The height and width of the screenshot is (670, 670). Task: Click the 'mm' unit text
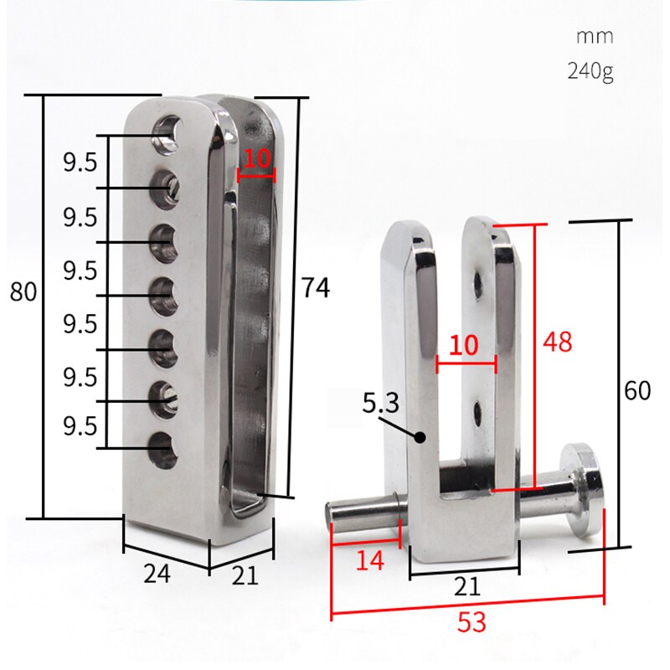pos(595,37)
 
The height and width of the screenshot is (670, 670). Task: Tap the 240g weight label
pos(590,70)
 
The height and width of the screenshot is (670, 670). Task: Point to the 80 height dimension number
pos(23,292)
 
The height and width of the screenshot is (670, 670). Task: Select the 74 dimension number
pos(315,288)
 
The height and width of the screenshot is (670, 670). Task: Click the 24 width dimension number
pos(157,574)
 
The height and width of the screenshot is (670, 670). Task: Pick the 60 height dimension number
pos(637,391)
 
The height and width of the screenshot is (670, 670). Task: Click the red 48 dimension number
pos(558,343)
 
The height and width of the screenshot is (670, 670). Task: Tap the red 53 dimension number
pos(471,622)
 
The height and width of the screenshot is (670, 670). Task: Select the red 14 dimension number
pos(368,560)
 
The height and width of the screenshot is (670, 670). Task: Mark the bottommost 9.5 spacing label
pos(80,426)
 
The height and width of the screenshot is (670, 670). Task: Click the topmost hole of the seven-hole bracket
pos(167,131)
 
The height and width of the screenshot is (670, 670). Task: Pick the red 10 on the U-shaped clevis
pos(466,345)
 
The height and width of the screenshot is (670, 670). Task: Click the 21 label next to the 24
pos(245,576)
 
